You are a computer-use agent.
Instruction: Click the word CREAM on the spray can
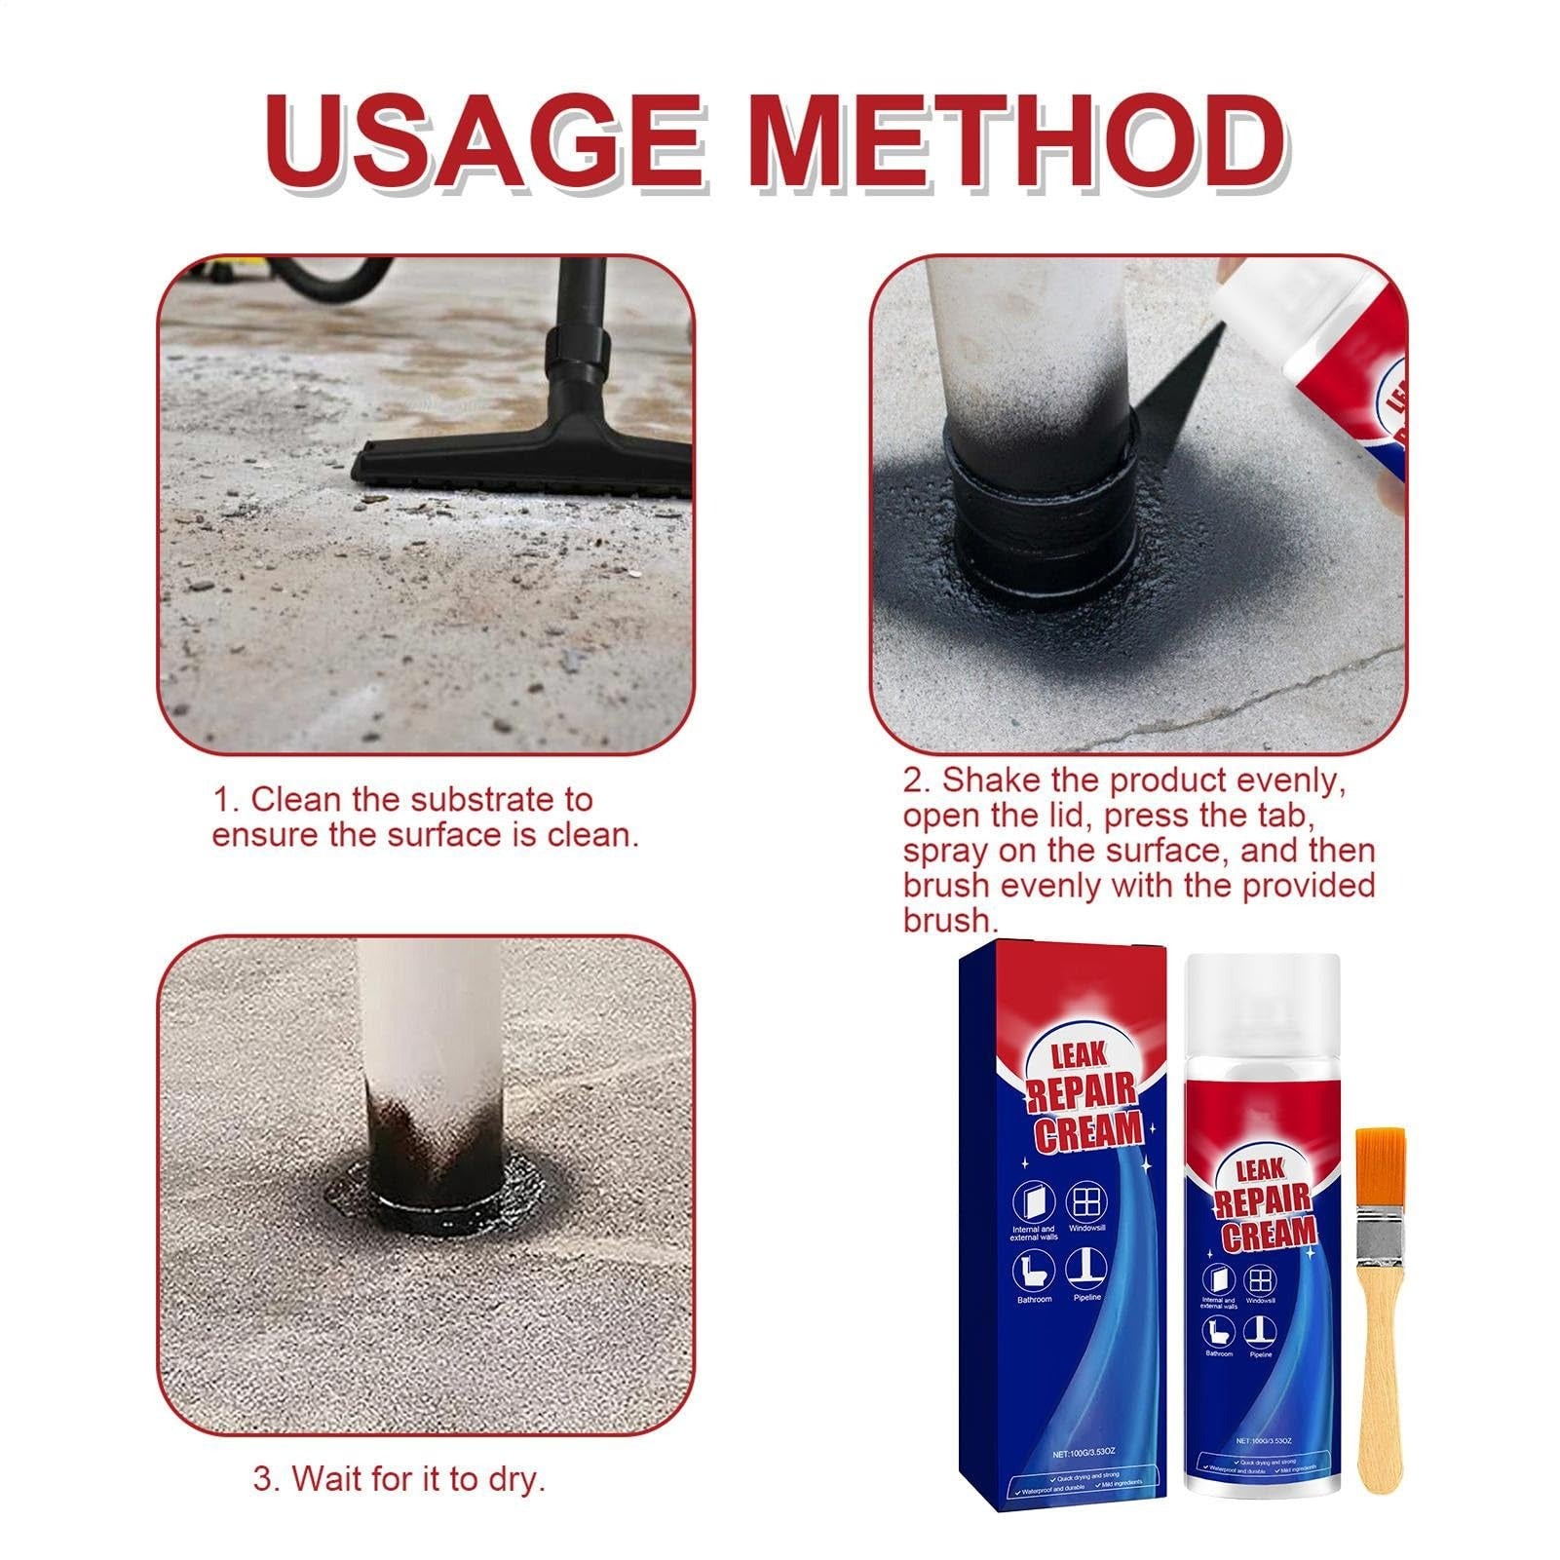click(x=1268, y=1236)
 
